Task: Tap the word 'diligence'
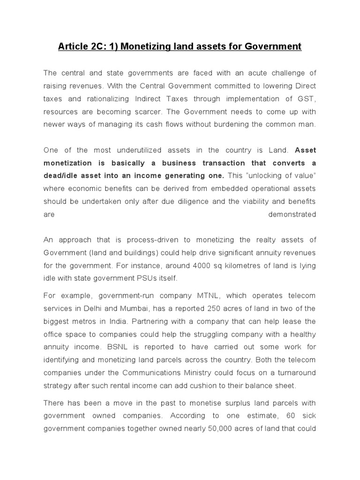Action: pos(181,202)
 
